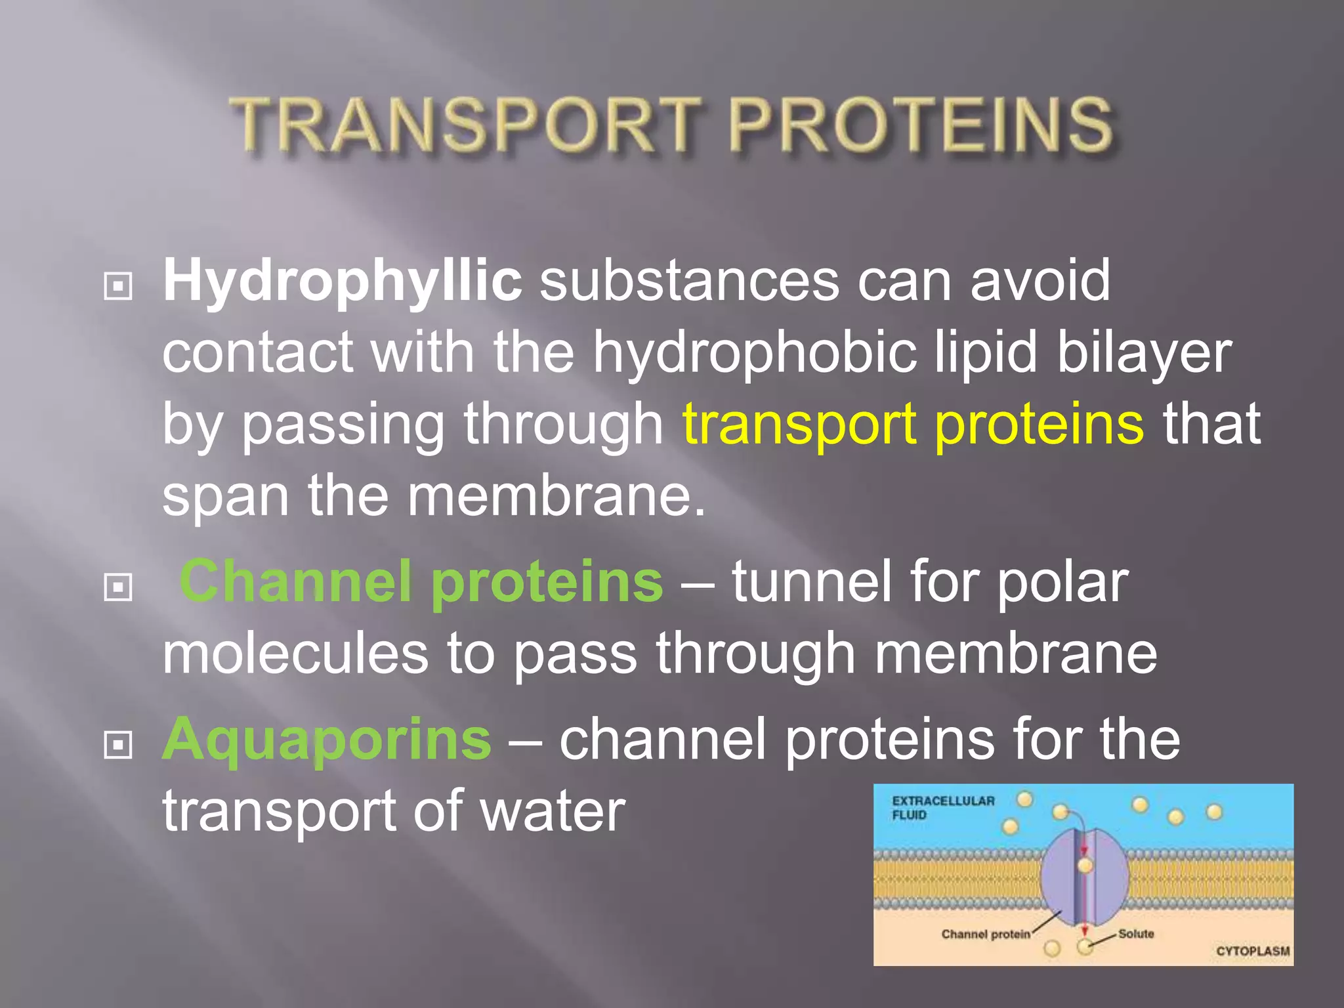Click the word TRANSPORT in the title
tap(465, 125)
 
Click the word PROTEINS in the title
tap(920, 125)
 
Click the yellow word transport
tap(798, 425)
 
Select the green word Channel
tap(296, 581)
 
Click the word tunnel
tap(810, 581)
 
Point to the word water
tap(553, 811)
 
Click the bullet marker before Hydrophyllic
tap(118, 286)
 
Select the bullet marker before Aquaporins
tap(118, 744)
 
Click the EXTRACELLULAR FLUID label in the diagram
tap(942, 807)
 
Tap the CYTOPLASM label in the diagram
tap(1252, 951)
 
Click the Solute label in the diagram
tap(1136, 933)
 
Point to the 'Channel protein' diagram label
tap(985, 934)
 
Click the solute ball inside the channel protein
tap(1085, 866)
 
